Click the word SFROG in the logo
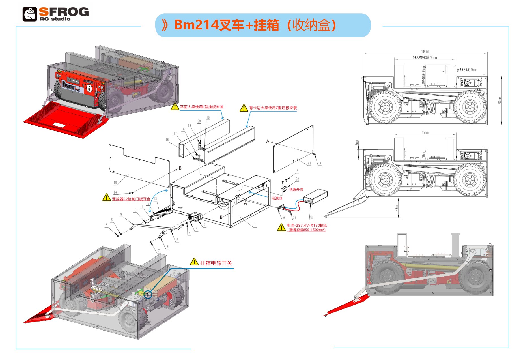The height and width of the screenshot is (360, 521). [64, 12]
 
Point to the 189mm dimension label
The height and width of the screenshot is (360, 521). [425, 52]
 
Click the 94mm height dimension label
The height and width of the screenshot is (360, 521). [500, 100]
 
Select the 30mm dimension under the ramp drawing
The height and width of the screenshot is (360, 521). [397, 208]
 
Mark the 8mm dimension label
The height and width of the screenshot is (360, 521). [357, 143]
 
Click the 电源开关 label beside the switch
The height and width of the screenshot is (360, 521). [296, 190]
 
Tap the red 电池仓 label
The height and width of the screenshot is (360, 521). [277, 198]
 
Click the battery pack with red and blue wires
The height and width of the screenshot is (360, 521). [316, 196]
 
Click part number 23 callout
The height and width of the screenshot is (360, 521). [311, 218]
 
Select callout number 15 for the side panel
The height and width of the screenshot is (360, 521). [115, 183]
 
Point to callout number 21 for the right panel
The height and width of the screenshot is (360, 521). [309, 163]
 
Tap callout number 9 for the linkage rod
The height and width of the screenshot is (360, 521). [121, 214]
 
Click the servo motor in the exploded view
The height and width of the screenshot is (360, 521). [195, 217]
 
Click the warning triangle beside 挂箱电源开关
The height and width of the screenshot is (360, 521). [194, 262]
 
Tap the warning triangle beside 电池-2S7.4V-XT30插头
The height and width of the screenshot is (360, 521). [281, 227]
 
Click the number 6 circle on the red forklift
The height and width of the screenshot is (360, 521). [89, 88]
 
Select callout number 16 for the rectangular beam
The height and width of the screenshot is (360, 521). [167, 140]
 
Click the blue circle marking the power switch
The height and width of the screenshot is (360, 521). [148, 295]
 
